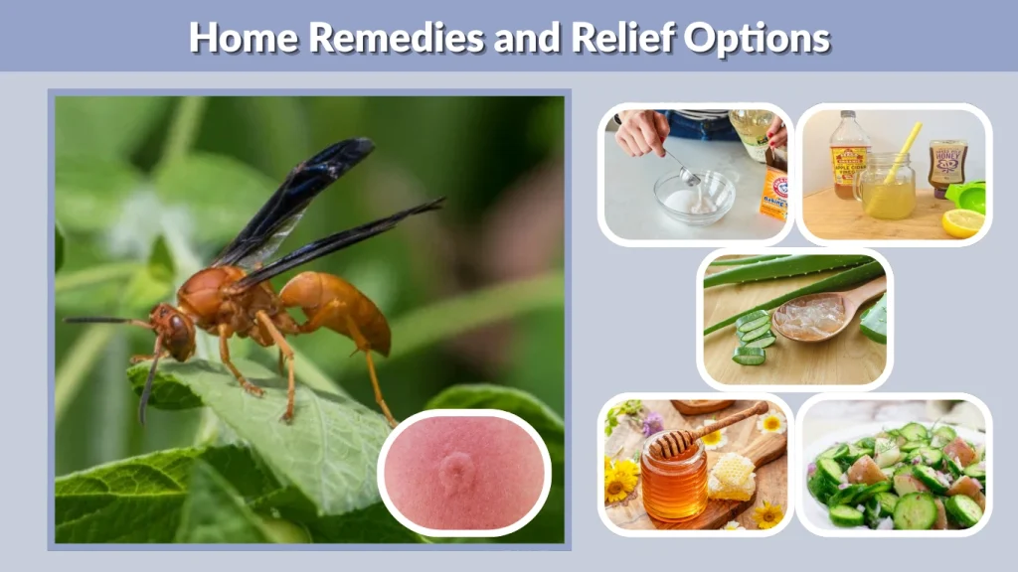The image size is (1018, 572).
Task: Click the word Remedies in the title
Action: [x=385, y=38]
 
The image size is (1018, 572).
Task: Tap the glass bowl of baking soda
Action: [x=693, y=199]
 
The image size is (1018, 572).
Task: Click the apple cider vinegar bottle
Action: [x=849, y=156]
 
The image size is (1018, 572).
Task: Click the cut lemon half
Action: [x=961, y=222]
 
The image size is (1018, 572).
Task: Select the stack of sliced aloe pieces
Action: [x=753, y=338]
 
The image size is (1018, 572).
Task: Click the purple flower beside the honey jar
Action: [x=649, y=424]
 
